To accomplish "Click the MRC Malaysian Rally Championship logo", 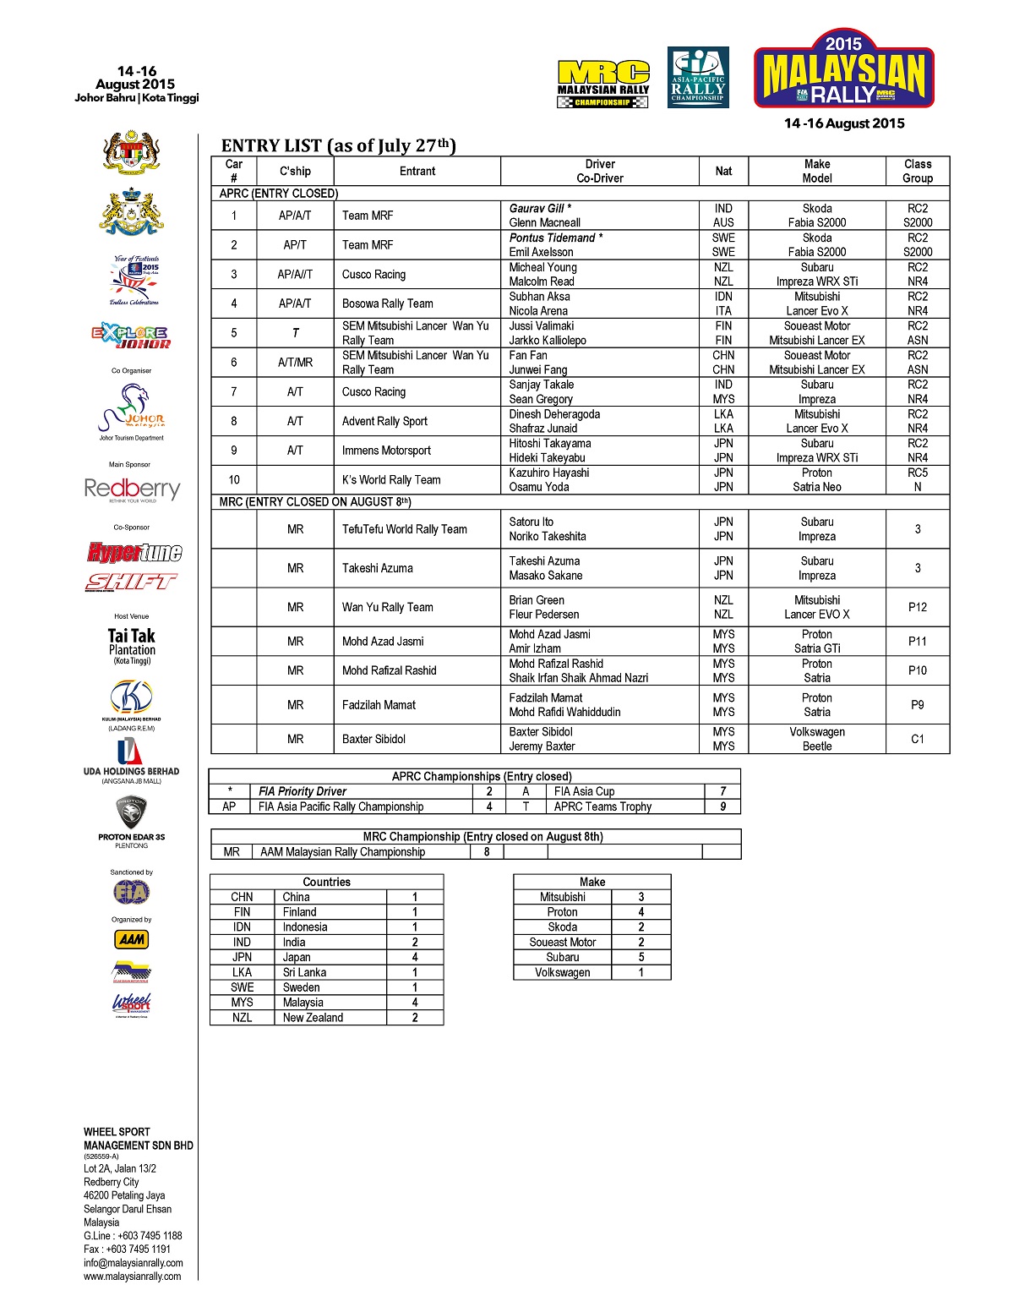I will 602,84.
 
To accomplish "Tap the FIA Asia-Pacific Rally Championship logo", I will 698,77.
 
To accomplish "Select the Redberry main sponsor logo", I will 132,489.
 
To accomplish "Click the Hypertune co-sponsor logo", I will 134,552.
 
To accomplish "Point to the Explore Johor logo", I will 131,336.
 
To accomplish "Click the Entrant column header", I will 417,171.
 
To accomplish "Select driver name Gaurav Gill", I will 537,208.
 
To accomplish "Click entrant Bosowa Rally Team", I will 387,303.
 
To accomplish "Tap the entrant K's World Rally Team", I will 391,480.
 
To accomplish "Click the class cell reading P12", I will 917,607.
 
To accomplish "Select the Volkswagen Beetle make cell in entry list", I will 817,739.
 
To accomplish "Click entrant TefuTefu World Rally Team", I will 404,529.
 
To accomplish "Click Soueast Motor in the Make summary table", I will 563,942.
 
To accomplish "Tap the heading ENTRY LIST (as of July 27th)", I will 338,145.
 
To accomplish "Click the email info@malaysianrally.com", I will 134,1263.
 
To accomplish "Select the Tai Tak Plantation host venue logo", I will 132,645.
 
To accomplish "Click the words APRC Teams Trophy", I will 602,806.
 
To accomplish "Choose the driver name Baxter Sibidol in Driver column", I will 541,732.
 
